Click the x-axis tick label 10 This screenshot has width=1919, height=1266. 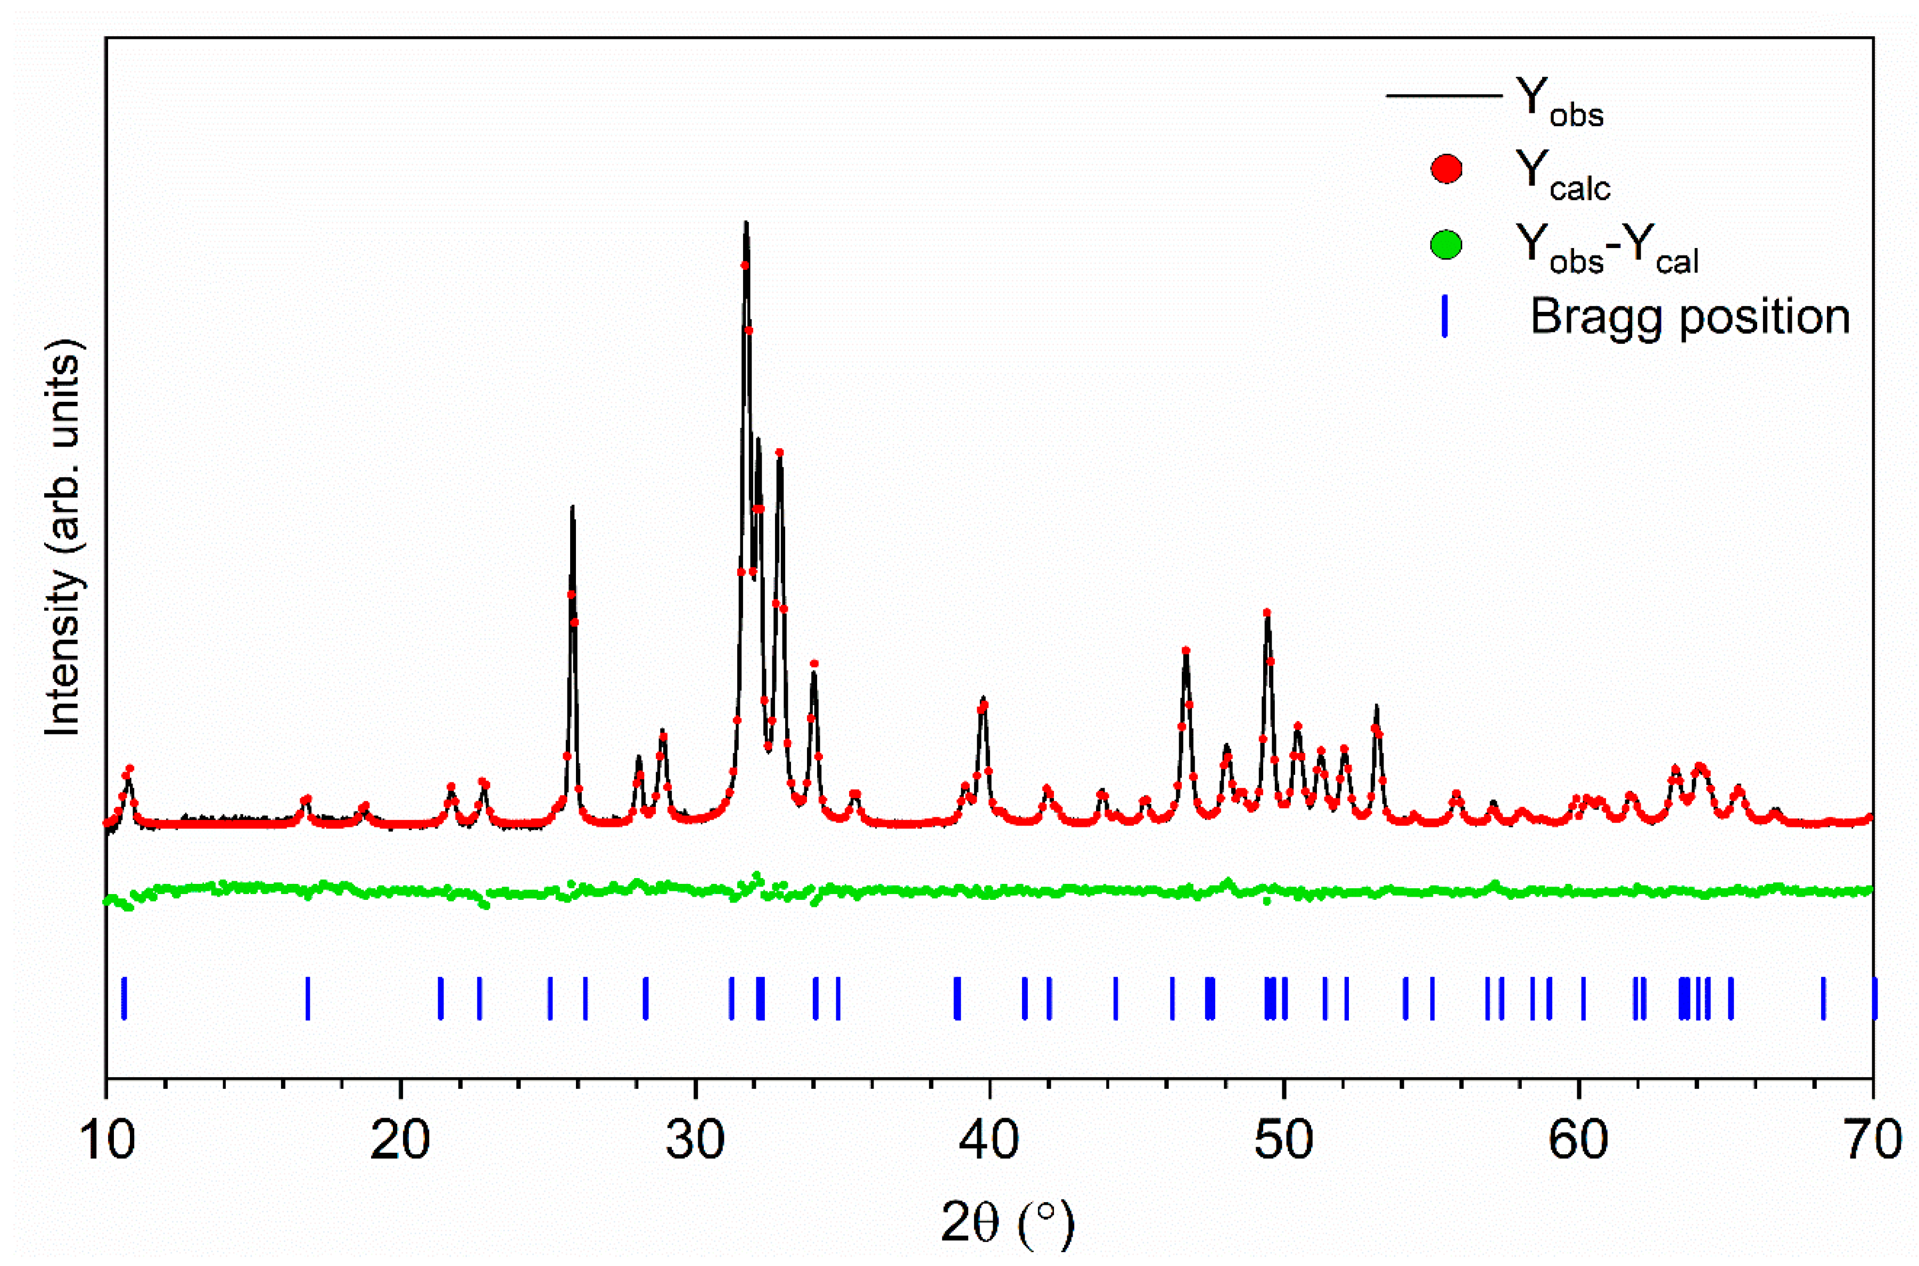tap(108, 1141)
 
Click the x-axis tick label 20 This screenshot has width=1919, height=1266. tap(401, 1141)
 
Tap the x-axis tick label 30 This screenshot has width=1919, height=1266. tap(695, 1141)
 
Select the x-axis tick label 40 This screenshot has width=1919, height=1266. tap(990, 1141)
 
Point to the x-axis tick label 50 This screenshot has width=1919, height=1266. tap(1283, 1141)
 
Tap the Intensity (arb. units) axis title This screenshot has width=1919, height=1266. tap(63, 537)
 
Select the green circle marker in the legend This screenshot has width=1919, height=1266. tap(1446, 244)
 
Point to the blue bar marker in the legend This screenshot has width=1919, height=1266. tap(1445, 316)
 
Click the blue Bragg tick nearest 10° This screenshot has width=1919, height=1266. tap(123, 999)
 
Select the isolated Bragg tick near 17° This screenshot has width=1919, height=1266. tap(308, 999)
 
